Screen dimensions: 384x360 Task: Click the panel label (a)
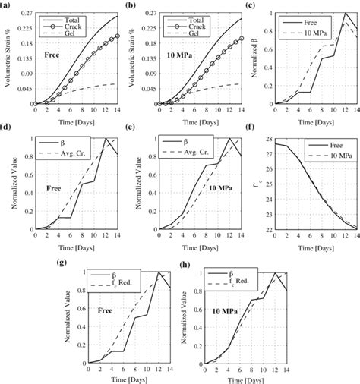7,5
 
